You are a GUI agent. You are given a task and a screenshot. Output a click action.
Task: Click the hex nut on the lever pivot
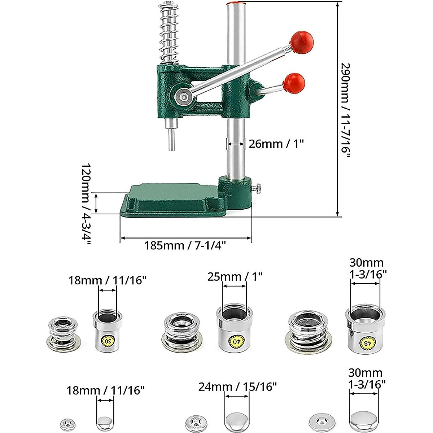(x=182, y=96)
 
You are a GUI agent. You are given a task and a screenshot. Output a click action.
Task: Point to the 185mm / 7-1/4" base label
(x=185, y=246)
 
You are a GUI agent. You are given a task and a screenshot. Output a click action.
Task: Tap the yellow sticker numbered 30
(x=108, y=340)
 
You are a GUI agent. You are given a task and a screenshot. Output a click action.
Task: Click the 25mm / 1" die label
(x=235, y=277)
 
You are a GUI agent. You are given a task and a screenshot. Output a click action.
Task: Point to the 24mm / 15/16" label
(x=237, y=387)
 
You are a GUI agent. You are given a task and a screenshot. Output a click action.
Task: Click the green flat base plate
(x=170, y=200)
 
